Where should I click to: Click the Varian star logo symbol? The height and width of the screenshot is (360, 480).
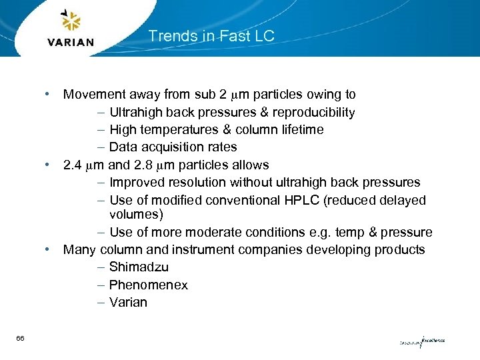click(71, 22)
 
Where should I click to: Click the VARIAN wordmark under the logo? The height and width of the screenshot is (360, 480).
click(71, 42)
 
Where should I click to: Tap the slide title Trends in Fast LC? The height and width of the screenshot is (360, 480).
click(211, 36)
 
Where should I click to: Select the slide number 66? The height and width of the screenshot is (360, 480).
click(21, 339)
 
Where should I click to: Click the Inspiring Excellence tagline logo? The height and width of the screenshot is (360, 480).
click(422, 341)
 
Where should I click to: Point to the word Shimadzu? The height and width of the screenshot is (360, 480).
click(139, 267)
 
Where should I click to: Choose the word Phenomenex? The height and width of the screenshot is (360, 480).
click(149, 285)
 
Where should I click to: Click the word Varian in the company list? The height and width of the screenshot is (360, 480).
click(128, 302)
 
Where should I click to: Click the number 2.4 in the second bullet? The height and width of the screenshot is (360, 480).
click(73, 165)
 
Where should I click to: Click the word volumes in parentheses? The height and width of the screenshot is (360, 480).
click(136, 215)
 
